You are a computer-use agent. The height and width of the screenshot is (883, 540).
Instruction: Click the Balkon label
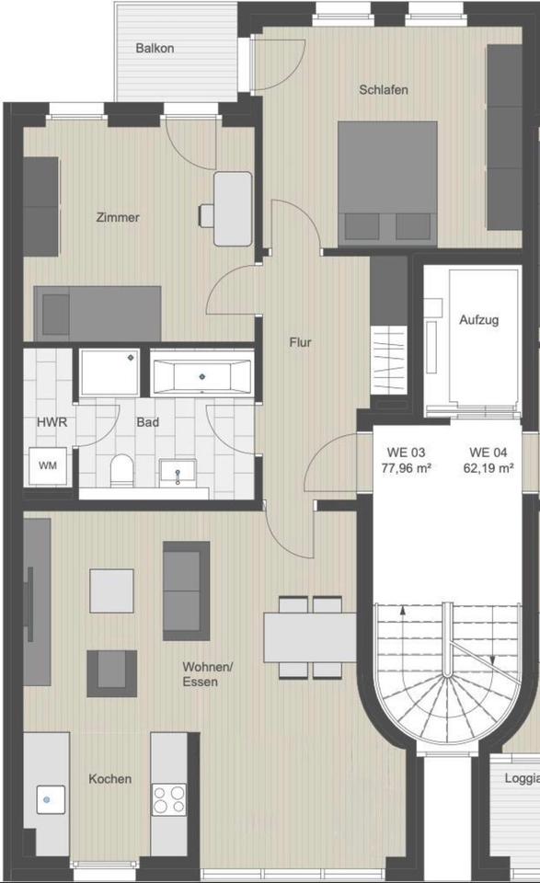coord(155,49)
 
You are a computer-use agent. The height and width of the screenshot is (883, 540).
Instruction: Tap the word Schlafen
coord(384,90)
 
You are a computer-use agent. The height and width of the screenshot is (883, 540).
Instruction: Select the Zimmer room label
coord(118,217)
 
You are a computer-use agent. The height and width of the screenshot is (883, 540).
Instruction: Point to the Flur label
coord(300,342)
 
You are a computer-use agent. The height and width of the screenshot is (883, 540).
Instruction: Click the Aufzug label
coord(478,320)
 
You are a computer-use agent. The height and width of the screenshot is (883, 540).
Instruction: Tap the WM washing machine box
coord(48,465)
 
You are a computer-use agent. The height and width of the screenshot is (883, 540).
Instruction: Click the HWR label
coord(52,422)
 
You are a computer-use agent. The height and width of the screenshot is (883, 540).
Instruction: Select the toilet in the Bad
coord(121,471)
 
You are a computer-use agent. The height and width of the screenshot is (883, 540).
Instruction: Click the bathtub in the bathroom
coord(201,373)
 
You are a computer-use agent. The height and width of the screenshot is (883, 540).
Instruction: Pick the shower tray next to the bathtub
coord(109,372)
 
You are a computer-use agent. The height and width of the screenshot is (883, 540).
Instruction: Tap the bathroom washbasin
coord(178,472)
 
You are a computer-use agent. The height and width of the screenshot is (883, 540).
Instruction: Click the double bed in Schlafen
coord(387,184)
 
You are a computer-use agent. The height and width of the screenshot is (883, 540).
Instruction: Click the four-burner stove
coord(169,799)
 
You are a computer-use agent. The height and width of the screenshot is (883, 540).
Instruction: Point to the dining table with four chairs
coord(310,636)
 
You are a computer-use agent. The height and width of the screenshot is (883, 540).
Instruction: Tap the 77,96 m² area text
coord(406,468)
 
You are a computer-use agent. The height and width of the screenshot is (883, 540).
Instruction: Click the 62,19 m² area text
coord(488,468)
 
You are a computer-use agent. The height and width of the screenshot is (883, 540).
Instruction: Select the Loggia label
coord(522,779)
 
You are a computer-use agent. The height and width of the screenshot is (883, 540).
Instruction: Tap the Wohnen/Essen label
coord(207,674)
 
